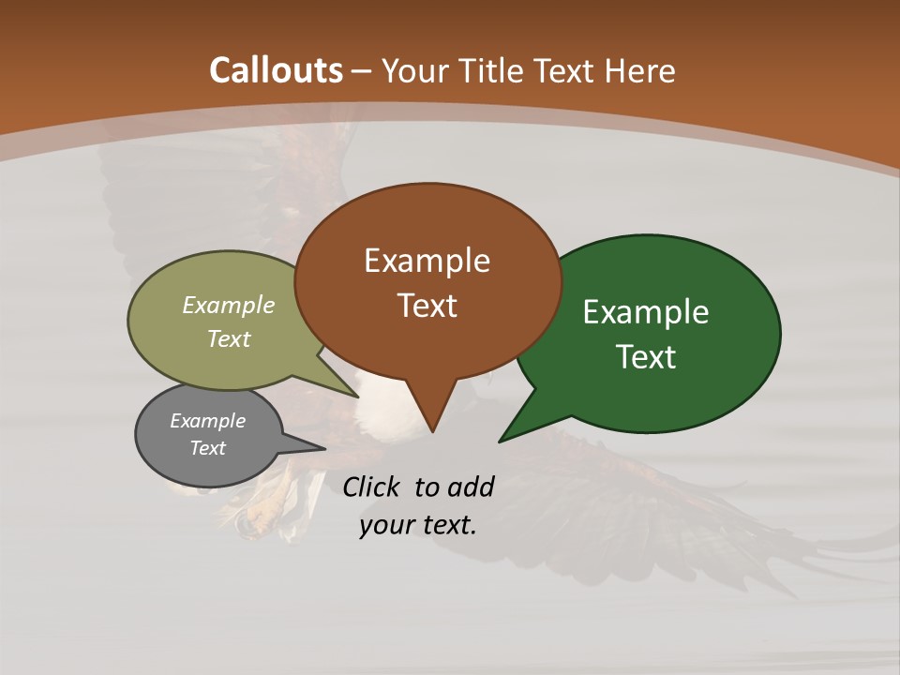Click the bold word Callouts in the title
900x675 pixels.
pos(276,70)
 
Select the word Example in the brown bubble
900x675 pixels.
pos(427,261)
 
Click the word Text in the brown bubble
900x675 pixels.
pos(427,306)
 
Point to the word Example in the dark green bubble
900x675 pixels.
pos(646,312)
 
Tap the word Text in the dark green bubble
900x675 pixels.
pos(646,357)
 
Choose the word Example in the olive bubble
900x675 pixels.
pos(229,305)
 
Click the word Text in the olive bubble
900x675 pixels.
pos(229,338)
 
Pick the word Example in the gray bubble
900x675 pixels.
pos(207,421)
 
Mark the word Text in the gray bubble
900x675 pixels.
pos(207,448)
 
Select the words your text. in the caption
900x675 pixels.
pos(418,525)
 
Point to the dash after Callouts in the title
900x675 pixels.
pos(362,71)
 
